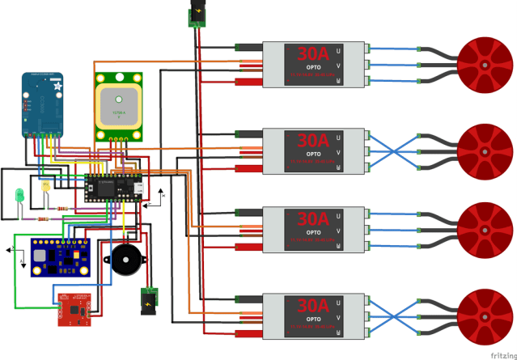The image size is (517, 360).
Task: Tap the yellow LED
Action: (x=46, y=186)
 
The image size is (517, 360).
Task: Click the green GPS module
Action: (x=120, y=107)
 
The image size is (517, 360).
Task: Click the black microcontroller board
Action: (x=114, y=187)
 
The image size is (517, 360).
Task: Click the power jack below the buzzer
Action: (x=149, y=300)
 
